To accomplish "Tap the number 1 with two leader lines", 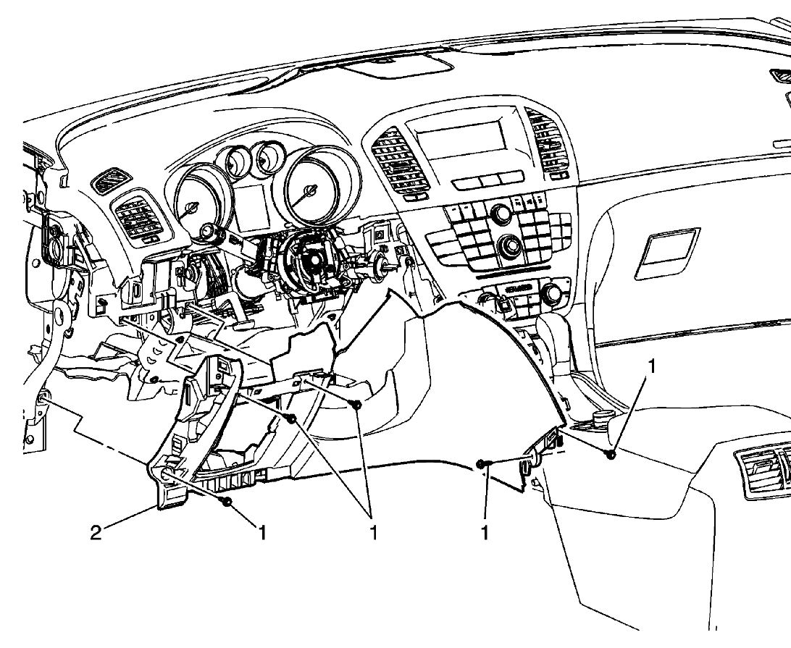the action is (x=374, y=534).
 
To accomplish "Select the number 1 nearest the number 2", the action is (x=262, y=534).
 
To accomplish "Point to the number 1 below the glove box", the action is (x=652, y=366).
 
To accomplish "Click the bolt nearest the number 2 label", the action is (x=228, y=501).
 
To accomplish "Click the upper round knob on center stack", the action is (x=499, y=213).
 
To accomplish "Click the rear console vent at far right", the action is (x=763, y=471).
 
